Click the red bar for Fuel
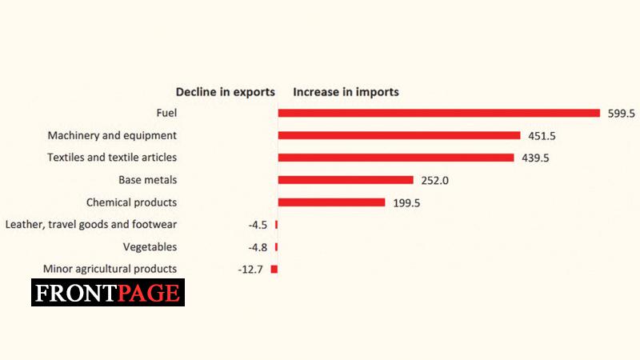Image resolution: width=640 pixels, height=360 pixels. [x=438, y=113]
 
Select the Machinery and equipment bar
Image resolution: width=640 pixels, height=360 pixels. [x=398, y=135]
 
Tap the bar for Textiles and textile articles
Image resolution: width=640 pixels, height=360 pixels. [x=395, y=158]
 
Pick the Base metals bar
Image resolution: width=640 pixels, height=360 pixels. [x=345, y=180]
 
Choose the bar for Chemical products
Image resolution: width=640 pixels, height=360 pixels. [x=331, y=202]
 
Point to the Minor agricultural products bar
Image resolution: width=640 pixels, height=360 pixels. [x=274, y=270]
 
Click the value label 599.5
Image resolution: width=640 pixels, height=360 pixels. [x=621, y=114]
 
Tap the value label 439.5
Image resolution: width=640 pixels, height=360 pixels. [x=535, y=158]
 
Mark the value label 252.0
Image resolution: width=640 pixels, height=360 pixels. [x=434, y=181]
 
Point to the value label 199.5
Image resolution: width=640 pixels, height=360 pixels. [x=406, y=203]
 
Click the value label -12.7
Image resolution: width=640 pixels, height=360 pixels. [x=250, y=270]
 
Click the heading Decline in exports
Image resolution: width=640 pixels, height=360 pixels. [x=226, y=92]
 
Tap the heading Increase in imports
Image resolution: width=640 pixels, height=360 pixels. [x=346, y=92]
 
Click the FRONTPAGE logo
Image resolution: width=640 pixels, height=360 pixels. [x=108, y=293]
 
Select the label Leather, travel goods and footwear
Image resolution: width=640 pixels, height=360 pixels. [x=91, y=225]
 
